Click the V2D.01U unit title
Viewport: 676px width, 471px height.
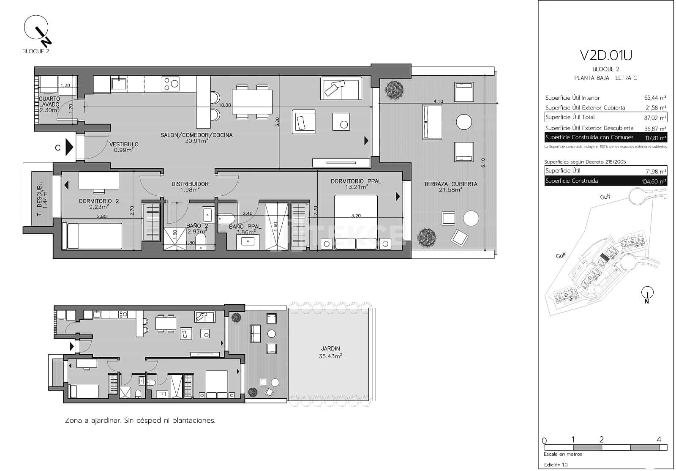coord(605,55)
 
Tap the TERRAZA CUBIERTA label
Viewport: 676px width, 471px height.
coord(450,184)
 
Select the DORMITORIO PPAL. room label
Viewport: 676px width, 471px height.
coord(357,181)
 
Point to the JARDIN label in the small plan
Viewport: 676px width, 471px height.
coord(330,349)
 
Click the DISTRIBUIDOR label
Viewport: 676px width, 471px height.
coord(190,184)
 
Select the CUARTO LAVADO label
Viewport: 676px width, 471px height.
coord(49,101)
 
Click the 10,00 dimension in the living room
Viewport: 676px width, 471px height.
coord(225,105)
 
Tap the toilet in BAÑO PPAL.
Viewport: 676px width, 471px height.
coord(226,219)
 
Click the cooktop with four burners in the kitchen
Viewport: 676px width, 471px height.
coord(171,83)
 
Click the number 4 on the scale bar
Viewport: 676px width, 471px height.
coord(659,440)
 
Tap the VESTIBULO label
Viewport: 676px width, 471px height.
coord(124,145)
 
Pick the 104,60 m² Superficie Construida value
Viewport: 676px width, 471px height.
coord(654,181)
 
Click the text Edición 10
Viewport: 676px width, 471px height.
coord(556,465)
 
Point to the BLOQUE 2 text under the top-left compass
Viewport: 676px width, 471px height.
coord(35,52)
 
